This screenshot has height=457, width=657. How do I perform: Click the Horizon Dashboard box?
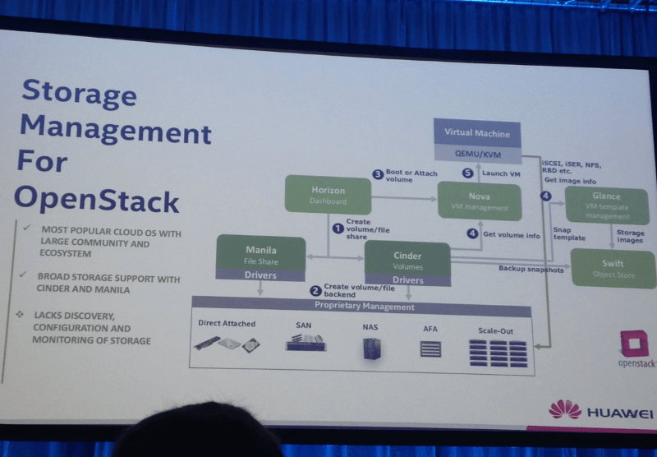click(x=328, y=195)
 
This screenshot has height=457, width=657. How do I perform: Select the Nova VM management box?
click(x=479, y=201)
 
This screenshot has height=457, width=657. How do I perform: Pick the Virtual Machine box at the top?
click(x=477, y=133)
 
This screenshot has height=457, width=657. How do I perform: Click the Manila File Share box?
click(x=260, y=253)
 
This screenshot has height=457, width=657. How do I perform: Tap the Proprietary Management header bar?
click(x=365, y=307)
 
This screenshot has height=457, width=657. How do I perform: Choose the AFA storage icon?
click(x=430, y=349)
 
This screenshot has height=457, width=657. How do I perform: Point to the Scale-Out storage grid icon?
click(x=497, y=353)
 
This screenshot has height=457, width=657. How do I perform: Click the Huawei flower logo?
click(x=565, y=409)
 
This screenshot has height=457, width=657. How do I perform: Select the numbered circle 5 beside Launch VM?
click(x=468, y=173)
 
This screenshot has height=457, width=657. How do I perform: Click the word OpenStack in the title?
click(x=96, y=198)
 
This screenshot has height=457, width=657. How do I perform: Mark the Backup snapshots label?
click(x=531, y=269)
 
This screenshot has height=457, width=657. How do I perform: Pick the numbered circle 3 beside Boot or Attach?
click(x=378, y=174)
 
